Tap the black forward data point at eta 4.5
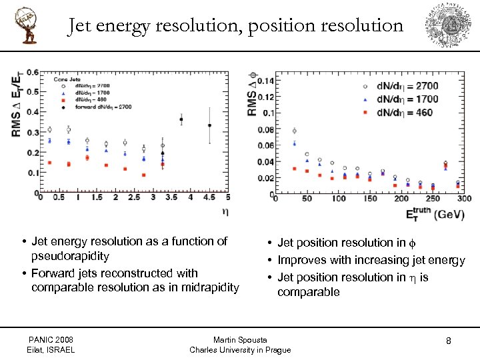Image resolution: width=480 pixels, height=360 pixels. tap(210, 125)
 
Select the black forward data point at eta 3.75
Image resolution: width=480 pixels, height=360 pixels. tap(181, 119)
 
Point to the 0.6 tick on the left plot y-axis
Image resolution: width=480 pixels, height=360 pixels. tap(33, 72)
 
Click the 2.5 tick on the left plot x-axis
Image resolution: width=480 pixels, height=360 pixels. tap(134, 198)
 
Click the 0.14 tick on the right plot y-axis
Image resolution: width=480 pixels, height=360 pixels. tap(265, 81)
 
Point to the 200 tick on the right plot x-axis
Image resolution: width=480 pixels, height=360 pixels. tap(401, 199)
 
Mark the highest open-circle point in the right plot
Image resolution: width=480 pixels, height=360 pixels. tap(295, 131)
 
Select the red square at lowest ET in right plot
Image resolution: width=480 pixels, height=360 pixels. tap(295, 169)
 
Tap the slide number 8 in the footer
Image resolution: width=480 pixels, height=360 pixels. tap(449, 341)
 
